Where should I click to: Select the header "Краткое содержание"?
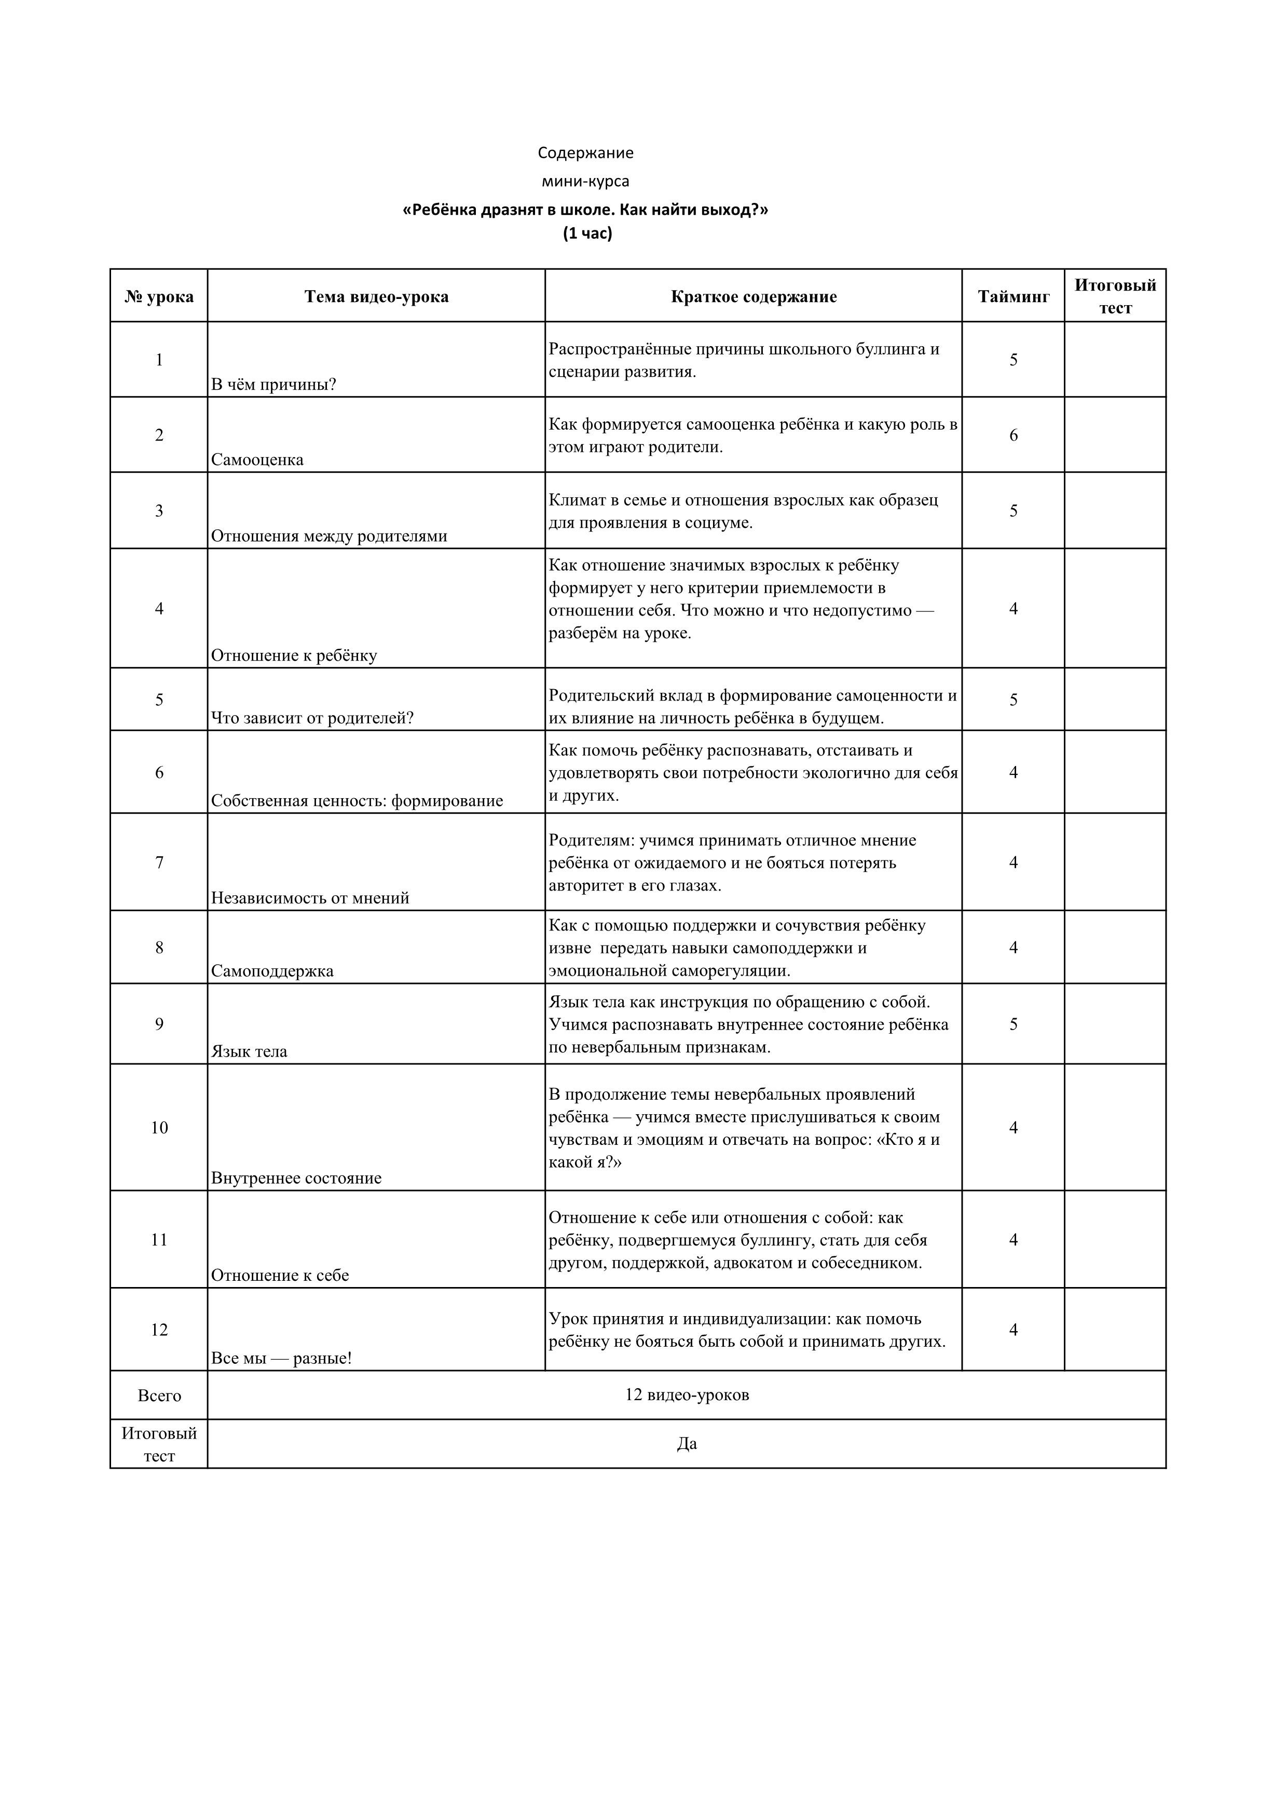[x=753, y=297]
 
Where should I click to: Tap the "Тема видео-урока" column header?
[x=376, y=297]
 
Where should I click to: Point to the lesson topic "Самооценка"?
[x=257, y=460]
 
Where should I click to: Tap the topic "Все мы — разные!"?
[x=281, y=1358]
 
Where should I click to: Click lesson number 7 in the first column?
[x=159, y=863]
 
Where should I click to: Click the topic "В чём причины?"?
[x=273, y=385]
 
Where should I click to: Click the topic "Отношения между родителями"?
[x=329, y=536]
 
